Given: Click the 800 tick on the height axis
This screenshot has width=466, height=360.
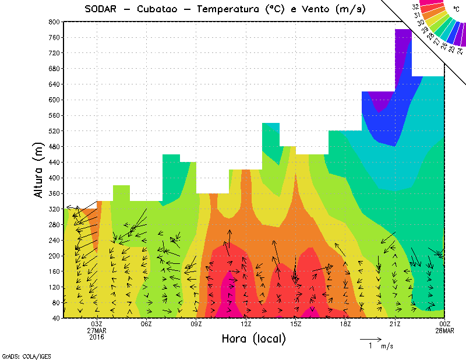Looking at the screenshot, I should pos(54,22).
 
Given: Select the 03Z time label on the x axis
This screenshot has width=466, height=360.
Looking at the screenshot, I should pos(97,324).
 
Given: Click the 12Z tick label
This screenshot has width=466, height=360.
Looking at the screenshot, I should pos(246,324).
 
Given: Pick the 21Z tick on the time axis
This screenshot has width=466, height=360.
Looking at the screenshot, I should pos(394,324).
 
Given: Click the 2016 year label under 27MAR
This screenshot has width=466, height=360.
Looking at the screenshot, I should pos(97,337).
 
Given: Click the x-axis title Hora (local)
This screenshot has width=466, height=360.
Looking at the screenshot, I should pos(253,338).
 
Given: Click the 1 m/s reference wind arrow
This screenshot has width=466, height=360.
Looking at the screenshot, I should pos(370,338).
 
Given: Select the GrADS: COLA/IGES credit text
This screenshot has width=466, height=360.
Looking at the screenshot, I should pos(19,355).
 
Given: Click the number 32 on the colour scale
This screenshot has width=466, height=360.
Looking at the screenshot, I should pos(415,6).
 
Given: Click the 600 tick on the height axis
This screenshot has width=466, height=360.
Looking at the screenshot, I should pos(54,100).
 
